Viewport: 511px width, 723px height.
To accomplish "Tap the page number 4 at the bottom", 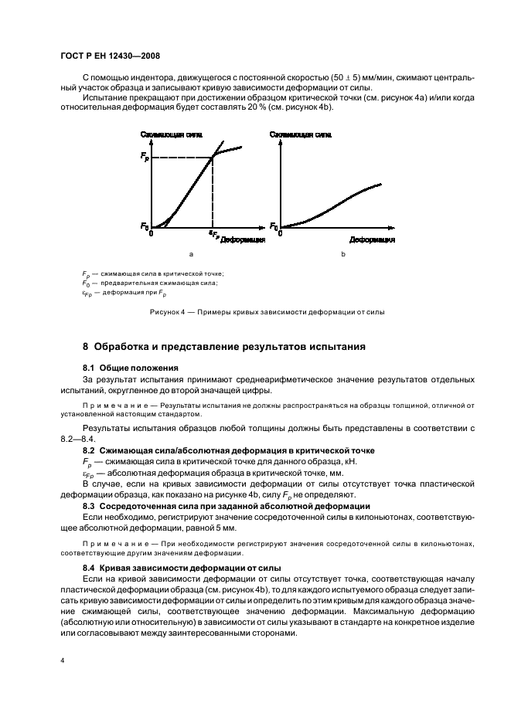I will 63,661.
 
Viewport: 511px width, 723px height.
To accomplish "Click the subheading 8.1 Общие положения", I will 131,367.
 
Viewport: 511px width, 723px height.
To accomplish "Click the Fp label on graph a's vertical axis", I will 145,158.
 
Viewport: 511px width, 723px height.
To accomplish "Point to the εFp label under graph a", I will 213,233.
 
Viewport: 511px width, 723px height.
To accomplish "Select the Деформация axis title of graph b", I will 372,240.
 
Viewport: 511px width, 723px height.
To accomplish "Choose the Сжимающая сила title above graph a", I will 171,134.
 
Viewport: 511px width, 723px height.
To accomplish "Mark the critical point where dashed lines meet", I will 213,158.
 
